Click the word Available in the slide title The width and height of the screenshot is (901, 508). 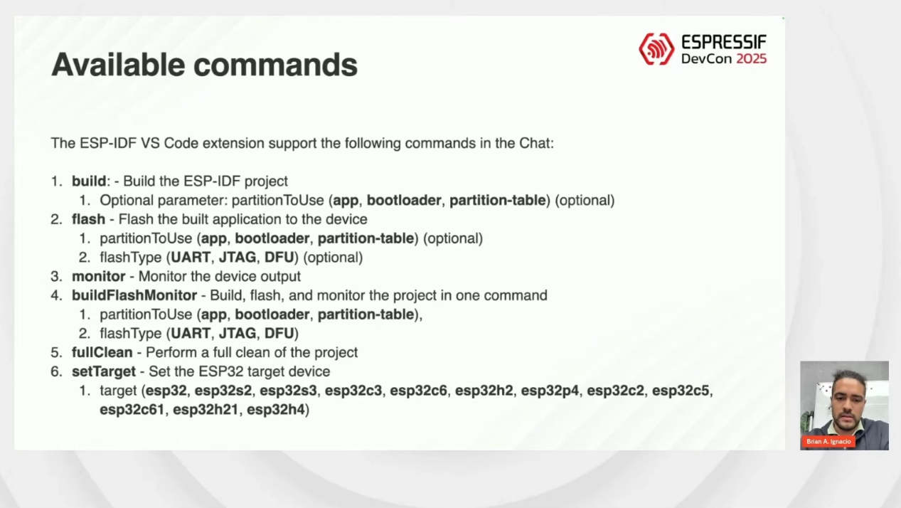tap(118, 65)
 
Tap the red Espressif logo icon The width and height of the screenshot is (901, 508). tap(656, 49)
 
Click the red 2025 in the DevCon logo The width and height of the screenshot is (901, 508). tap(752, 59)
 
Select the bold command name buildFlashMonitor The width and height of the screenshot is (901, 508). tap(134, 295)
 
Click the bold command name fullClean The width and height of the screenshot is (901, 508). tap(102, 353)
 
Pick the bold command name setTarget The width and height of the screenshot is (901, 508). tap(104, 371)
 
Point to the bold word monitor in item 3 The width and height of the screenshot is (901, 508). tap(99, 277)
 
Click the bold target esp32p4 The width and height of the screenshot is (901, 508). tap(550, 391)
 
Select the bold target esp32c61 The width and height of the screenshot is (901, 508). tap(132, 410)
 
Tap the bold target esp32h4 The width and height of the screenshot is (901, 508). tap(276, 410)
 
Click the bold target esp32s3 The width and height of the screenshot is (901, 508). tap(289, 391)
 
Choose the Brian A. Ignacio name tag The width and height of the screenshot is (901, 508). tap(828, 442)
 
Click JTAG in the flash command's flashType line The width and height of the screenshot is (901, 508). tap(238, 258)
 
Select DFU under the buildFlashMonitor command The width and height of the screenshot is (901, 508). tap(279, 334)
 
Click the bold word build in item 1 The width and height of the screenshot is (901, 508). tap(89, 181)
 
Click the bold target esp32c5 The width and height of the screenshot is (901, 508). tap(681, 391)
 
